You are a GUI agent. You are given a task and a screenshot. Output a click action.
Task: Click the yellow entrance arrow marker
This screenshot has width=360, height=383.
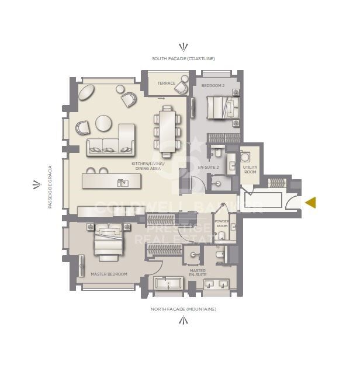[311, 202]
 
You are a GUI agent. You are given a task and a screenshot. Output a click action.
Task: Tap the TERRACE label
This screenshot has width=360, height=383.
[167, 83]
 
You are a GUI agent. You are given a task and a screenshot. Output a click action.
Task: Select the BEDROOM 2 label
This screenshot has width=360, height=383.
[212, 86]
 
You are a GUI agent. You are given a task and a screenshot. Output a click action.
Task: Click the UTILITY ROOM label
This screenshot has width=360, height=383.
[250, 170]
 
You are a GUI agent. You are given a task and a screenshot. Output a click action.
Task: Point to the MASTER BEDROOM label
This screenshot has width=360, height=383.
[109, 273]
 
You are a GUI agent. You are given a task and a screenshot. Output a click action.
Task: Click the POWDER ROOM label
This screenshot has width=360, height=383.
[222, 224]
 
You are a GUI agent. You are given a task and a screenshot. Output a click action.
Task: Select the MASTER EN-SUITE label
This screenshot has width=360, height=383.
[197, 273]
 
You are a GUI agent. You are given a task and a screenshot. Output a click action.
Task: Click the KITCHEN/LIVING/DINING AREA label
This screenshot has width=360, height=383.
[148, 167]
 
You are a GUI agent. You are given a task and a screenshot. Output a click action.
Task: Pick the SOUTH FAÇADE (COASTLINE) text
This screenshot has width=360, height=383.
[184, 58]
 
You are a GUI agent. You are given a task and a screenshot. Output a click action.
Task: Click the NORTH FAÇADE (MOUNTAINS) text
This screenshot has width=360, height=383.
[184, 308]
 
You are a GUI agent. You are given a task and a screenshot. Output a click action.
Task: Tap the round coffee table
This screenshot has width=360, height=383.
[104, 123]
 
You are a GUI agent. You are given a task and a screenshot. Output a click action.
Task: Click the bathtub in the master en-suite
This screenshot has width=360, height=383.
[169, 284]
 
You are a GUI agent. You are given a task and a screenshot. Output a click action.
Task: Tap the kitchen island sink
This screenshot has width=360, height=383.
[123, 182]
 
